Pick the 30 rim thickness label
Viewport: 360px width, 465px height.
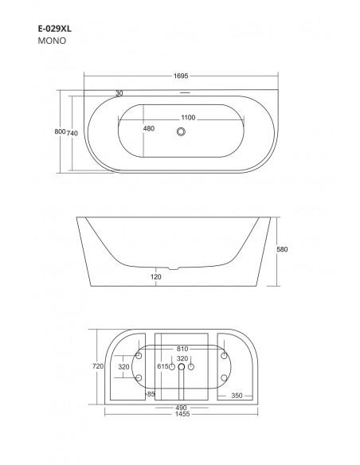119,93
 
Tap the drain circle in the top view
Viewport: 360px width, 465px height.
182,132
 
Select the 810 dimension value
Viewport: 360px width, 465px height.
182,348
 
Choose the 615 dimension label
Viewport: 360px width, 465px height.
163,367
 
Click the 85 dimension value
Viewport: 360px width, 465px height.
151,394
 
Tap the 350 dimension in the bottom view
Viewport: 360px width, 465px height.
237,394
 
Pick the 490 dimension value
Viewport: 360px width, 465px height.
182,408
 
